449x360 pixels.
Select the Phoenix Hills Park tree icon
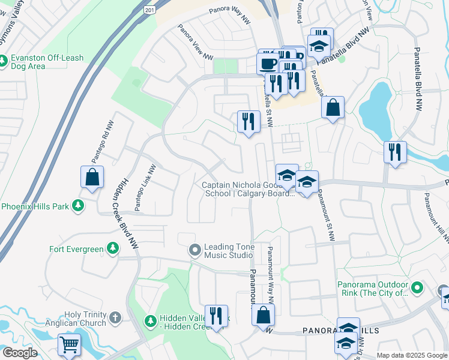(77, 206)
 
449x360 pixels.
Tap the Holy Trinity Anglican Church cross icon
(115, 317)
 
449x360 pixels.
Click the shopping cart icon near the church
(69, 346)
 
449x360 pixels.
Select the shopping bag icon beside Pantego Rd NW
(92, 177)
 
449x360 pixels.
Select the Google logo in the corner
(20, 353)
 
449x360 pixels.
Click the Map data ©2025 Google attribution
(412, 355)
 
